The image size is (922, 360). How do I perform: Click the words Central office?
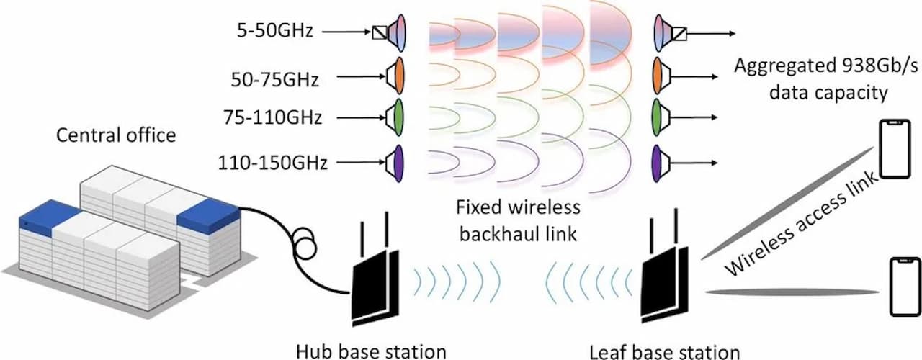point(116,135)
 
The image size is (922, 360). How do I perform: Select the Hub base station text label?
point(371,351)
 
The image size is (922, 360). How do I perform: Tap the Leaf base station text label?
point(664,351)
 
